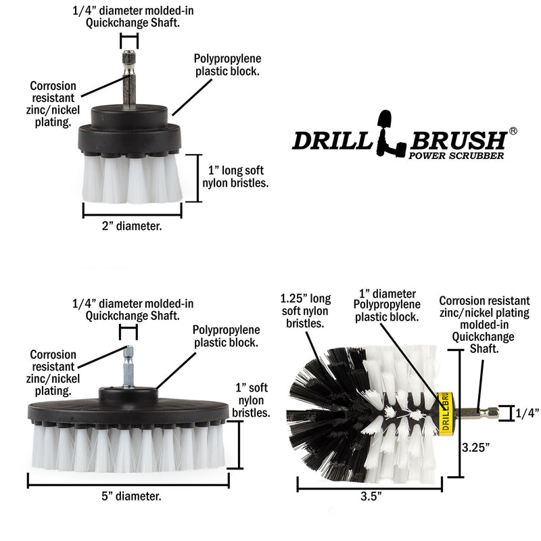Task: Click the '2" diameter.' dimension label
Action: [x=132, y=227]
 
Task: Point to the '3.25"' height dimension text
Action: [x=475, y=446]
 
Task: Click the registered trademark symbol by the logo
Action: [x=513, y=131]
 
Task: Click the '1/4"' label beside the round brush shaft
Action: [x=527, y=413]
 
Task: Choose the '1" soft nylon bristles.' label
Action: [x=252, y=400]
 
